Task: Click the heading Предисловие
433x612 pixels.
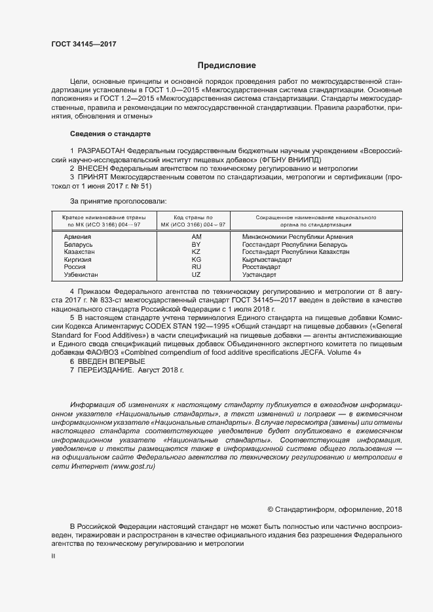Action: [227, 65]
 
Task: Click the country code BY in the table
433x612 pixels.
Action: [196, 244]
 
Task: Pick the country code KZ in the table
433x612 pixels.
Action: [196, 252]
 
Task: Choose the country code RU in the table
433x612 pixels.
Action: [196, 267]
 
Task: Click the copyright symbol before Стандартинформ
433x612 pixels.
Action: [271, 509]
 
